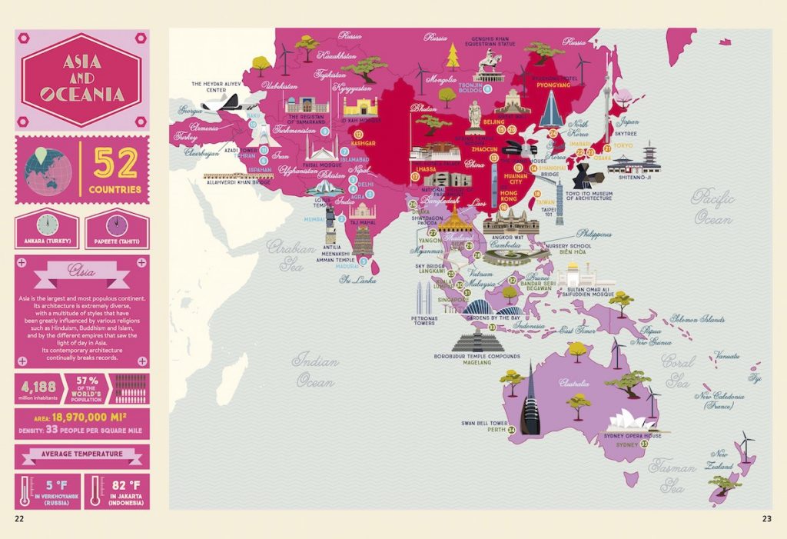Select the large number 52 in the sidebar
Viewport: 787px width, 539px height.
pos(116,164)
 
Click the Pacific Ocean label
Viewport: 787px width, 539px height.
pos(713,207)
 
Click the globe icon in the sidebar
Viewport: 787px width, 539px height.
pos(48,169)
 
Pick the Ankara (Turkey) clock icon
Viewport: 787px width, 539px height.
pos(48,225)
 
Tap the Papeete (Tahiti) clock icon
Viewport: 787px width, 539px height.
pos(117,225)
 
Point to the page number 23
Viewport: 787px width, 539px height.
pos(765,518)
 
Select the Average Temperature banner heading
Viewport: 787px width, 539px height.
pos(82,454)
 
